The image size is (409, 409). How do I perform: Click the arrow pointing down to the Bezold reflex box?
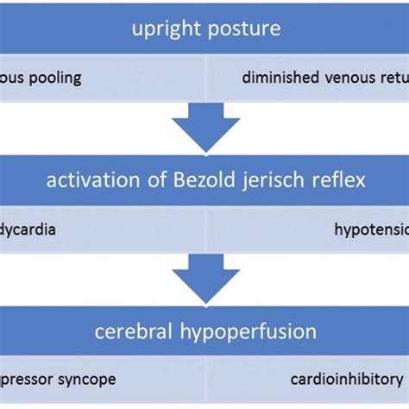204,130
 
